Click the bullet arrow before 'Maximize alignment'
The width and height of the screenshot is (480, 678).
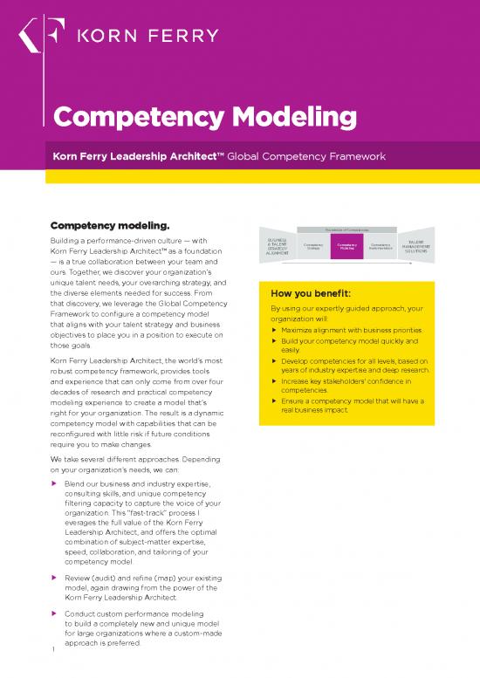point(275,331)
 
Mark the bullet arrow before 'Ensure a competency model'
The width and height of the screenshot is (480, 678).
point(275,401)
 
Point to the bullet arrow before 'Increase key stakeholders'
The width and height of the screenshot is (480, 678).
point(275,382)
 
